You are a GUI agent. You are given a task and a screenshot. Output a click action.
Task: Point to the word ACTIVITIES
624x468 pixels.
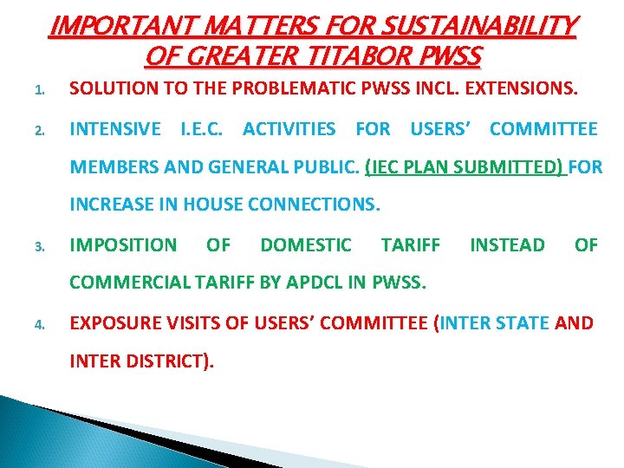point(289,129)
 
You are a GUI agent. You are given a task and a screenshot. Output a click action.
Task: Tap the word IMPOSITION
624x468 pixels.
point(122,245)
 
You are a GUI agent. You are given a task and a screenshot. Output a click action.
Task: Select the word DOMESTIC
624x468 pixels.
point(306,245)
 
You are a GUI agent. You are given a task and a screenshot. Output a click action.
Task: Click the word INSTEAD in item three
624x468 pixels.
point(507,245)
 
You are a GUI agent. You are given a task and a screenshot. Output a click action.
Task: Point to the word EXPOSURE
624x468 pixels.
point(116,324)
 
